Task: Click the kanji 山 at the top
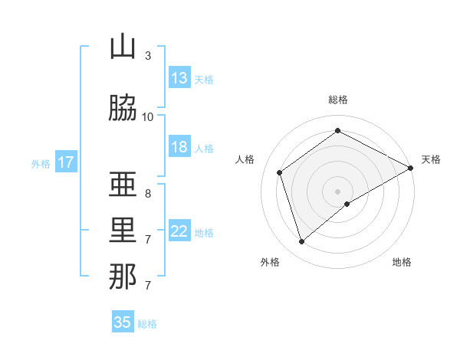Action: [x=123, y=47]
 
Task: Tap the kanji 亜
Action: [x=123, y=185]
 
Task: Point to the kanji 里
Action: [x=123, y=231]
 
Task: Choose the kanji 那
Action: [x=123, y=277]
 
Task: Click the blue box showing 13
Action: [x=179, y=78]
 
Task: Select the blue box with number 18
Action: [x=179, y=147]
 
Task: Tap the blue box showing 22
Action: [x=179, y=231]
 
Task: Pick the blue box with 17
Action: [x=66, y=162]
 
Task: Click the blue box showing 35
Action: [x=123, y=322]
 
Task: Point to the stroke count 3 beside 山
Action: [x=148, y=56]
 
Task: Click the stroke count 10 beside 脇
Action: [x=148, y=116]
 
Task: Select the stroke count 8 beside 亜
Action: [x=148, y=194]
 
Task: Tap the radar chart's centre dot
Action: [x=337, y=191]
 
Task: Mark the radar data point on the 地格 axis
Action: [x=347, y=204]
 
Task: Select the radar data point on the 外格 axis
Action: [x=302, y=242]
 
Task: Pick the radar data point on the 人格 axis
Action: [x=280, y=172]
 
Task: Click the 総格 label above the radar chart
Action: [x=338, y=100]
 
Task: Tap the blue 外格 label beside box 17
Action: [x=41, y=163]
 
